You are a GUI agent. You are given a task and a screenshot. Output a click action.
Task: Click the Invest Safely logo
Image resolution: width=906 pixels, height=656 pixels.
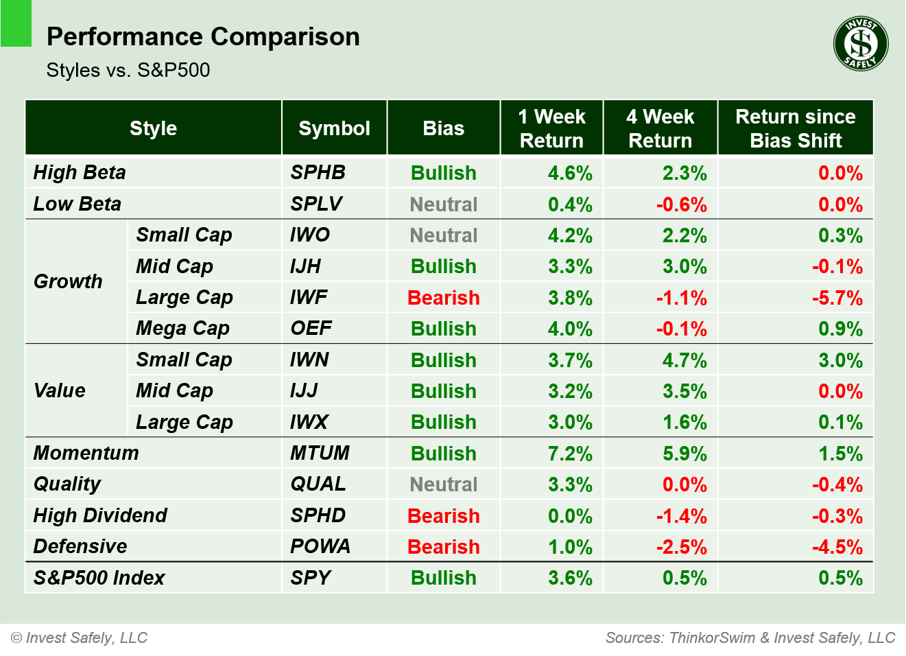point(861,44)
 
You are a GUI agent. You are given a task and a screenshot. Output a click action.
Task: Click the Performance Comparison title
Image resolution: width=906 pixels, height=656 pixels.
point(203,36)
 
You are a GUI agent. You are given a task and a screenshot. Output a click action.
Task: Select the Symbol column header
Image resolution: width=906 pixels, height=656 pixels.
point(334,128)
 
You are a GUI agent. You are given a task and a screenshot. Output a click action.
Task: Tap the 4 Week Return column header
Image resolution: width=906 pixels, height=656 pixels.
point(660,128)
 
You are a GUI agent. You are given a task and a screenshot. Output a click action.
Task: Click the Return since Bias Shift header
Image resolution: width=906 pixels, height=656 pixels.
point(795,128)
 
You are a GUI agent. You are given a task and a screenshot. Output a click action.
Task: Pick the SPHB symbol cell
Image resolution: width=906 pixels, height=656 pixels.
point(318,172)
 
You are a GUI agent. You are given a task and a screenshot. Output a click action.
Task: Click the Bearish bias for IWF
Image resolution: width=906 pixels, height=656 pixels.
point(443,298)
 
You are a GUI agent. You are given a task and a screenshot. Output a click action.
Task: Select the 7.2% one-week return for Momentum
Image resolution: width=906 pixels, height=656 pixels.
point(569,454)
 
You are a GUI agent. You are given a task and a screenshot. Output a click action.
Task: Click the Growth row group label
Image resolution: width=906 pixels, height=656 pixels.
point(68,281)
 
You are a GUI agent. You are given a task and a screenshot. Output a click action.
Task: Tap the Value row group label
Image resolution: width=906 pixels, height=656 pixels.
point(60,390)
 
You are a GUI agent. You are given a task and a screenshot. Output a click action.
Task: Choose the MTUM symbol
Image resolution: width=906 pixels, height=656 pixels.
point(320,453)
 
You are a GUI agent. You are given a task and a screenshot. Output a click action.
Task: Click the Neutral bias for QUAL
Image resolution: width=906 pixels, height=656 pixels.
point(443,484)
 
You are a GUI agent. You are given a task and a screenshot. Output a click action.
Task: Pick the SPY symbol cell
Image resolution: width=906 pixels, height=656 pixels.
point(311,578)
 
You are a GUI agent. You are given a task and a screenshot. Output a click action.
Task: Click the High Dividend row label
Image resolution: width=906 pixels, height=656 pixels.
point(100,515)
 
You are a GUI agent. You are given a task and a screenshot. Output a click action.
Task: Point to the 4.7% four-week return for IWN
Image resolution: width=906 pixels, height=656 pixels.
point(684,360)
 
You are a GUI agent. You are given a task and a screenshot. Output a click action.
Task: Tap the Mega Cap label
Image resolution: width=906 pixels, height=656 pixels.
point(182,328)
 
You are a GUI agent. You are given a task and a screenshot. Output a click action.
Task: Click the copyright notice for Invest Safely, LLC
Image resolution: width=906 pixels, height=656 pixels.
point(80,637)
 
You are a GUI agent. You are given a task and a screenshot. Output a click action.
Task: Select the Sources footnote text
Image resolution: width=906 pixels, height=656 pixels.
point(750,637)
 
